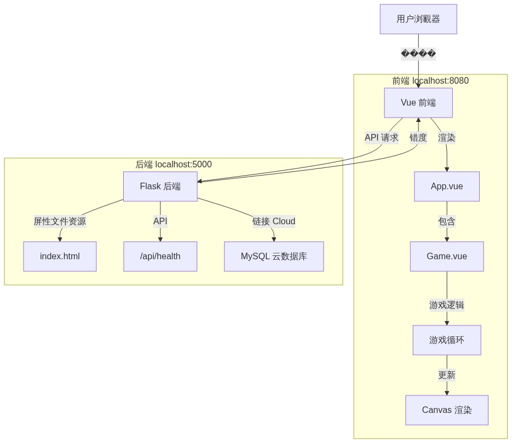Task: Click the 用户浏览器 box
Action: pyautogui.click(x=418, y=19)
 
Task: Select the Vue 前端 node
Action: pyautogui.click(x=418, y=103)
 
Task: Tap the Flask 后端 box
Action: pyautogui.click(x=160, y=186)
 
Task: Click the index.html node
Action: pyautogui.click(x=60, y=257)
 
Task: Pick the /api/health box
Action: pyautogui.click(x=160, y=257)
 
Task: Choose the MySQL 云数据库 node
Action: pyautogui.click(x=274, y=257)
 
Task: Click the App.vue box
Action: pyautogui.click(x=447, y=186)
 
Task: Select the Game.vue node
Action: pyautogui.click(x=447, y=257)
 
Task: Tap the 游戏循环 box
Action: pyautogui.click(x=447, y=340)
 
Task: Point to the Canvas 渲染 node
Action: pyautogui.click(x=447, y=410)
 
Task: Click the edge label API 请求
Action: pyautogui.click(x=382, y=138)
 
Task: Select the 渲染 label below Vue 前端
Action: pyautogui.click(x=447, y=138)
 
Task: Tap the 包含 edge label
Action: pyautogui.click(x=447, y=221)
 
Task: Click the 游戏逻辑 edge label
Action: pyautogui.click(x=447, y=305)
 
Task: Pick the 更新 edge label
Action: pyautogui.click(x=447, y=375)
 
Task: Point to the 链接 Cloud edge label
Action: pyautogui.click(x=274, y=221)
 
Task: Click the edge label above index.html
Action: pyautogui.click(x=60, y=221)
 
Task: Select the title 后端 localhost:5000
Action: pyautogui.click(x=174, y=165)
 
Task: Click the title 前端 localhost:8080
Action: pyautogui.click(x=430, y=81)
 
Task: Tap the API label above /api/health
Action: pyautogui.click(x=160, y=221)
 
